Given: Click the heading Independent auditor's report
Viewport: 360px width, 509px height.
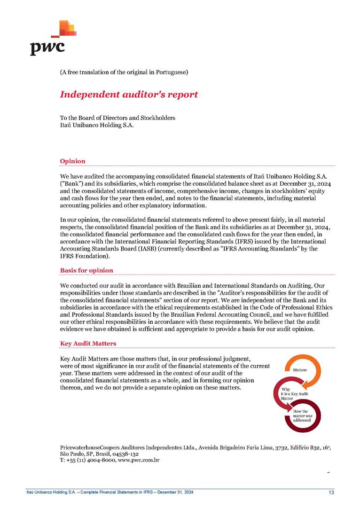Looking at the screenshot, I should pyautogui.click(x=129, y=94).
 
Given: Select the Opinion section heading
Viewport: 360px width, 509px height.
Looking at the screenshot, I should pyautogui.click(x=72, y=161).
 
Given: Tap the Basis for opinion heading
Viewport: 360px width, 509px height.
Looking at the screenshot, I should pyautogui.click(x=86, y=271).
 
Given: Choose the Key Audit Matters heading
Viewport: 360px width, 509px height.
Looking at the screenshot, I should pyautogui.click(x=88, y=344).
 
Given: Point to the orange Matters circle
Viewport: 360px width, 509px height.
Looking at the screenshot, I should pyautogui.click(x=301, y=370).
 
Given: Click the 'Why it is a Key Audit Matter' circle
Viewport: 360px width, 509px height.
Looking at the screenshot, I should pyautogui.click(x=288, y=394).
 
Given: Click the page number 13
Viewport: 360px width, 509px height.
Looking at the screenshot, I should pyautogui.click(x=331, y=492).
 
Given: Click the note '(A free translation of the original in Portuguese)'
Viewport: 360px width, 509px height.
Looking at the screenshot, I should pyautogui.click(x=124, y=72).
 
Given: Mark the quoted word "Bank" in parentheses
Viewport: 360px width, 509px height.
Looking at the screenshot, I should pyautogui.click(x=70, y=182).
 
